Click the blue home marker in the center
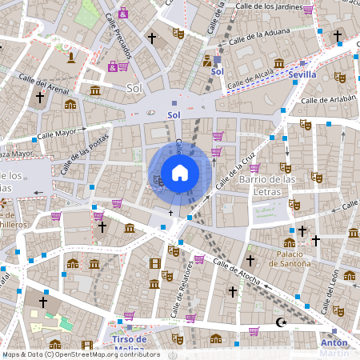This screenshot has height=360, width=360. [x=180, y=173]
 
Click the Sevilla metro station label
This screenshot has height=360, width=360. [x=303, y=74]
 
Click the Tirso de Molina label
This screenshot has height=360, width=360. [x=128, y=343]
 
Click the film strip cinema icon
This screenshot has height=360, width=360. [x=154, y=262]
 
